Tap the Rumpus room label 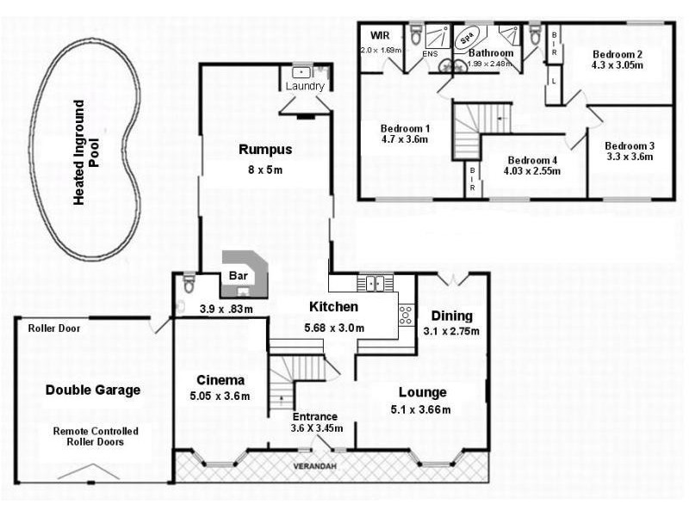[x=264, y=150]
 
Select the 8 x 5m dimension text [x=264, y=169]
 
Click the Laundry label [x=306, y=87]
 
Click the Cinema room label [x=220, y=380]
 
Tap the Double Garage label [x=92, y=390]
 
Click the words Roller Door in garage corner [x=54, y=328]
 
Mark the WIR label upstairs [x=380, y=36]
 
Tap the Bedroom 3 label [x=629, y=144]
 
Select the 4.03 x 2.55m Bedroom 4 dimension [x=531, y=170]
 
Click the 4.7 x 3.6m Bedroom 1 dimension [x=404, y=139]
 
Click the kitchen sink [x=376, y=281]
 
